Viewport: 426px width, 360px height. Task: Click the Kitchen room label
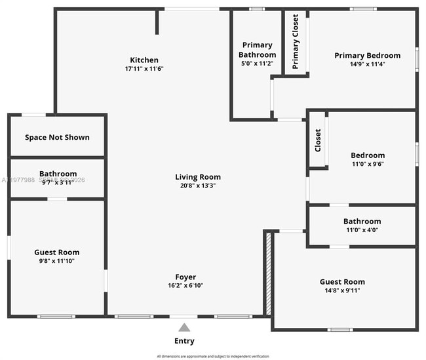(x=144, y=60)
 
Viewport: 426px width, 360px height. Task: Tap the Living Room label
(x=198, y=177)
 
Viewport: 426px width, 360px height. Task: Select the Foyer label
(x=185, y=277)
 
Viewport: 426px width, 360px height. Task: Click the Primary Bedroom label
(x=368, y=56)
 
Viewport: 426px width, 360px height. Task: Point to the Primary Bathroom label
(x=257, y=50)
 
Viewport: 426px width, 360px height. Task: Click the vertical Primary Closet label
(x=296, y=42)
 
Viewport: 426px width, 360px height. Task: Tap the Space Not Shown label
(x=57, y=137)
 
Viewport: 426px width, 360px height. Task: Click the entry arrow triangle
(x=185, y=327)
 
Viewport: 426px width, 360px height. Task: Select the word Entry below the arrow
(x=184, y=341)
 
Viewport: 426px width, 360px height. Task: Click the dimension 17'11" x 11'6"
(x=144, y=69)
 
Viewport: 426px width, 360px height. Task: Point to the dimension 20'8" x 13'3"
(x=198, y=186)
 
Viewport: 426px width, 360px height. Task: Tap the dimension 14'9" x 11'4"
(x=368, y=64)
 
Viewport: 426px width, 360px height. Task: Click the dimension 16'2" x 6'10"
(x=185, y=286)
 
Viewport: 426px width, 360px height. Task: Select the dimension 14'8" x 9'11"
(x=342, y=290)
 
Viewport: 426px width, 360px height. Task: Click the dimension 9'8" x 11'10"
(x=57, y=261)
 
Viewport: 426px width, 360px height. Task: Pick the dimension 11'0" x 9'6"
(x=368, y=164)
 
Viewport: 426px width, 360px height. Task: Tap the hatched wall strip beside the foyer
(x=267, y=272)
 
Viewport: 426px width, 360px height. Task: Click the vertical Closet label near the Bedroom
(x=318, y=140)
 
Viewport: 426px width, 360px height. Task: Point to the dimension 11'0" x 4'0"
(x=362, y=230)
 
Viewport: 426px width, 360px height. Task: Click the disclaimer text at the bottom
(x=213, y=356)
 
